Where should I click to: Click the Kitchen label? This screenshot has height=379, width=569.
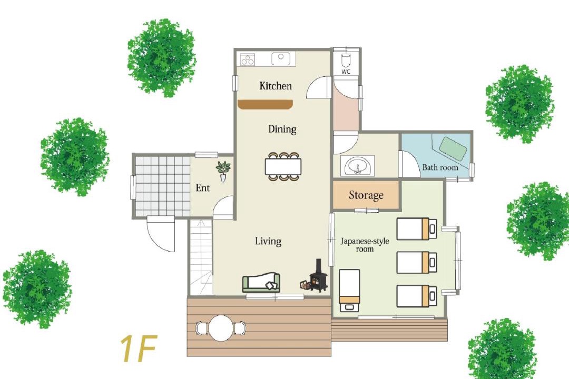[x=276, y=86]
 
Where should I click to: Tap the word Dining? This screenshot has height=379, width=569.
[x=282, y=129]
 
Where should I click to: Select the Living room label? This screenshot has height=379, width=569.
[x=268, y=241]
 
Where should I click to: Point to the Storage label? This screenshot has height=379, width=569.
[x=366, y=195]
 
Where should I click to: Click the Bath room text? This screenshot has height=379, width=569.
[x=440, y=167]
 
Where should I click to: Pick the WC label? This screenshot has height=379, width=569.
[x=346, y=72]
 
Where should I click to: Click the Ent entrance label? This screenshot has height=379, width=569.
[x=202, y=188]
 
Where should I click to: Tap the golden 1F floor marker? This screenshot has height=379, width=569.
[x=139, y=349]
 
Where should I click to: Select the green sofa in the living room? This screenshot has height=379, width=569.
[x=261, y=283]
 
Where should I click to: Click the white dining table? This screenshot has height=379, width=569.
[x=283, y=166]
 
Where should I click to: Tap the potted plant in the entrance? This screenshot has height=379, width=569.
[x=223, y=171]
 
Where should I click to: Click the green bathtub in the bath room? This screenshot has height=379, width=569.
[x=453, y=148]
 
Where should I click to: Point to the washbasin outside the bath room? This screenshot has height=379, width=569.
[x=357, y=166]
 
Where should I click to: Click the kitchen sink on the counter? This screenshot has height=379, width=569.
[x=280, y=58]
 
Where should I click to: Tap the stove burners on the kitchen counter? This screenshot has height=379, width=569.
[x=248, y=59]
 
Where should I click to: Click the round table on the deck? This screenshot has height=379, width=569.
[x=221, y=328]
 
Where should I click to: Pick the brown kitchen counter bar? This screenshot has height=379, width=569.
[x=265, y=104]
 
